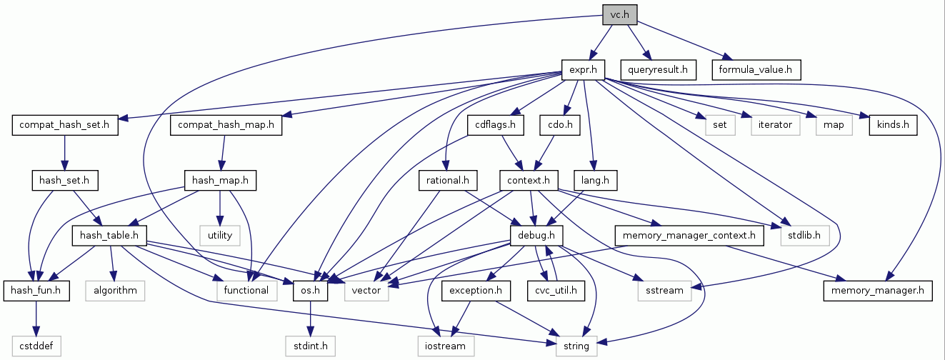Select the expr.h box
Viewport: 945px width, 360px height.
(x=583, y=69)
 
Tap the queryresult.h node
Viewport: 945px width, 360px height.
(x=658, y=69)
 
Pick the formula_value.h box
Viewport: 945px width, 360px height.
(x=756, y=69)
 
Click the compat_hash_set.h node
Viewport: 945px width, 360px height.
(x=64, y=125)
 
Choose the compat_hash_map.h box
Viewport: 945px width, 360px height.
(x=226, y=125)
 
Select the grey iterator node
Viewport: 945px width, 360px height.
(x=775, y=125)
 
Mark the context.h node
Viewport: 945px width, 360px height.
(x=529, y=180)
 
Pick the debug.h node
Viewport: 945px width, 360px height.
(x=536, y=235)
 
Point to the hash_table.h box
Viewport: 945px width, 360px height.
(x=109, y=235)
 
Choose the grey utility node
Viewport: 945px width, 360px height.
(x=220, y=235)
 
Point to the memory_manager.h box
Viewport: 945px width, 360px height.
(x=878, y=291)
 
